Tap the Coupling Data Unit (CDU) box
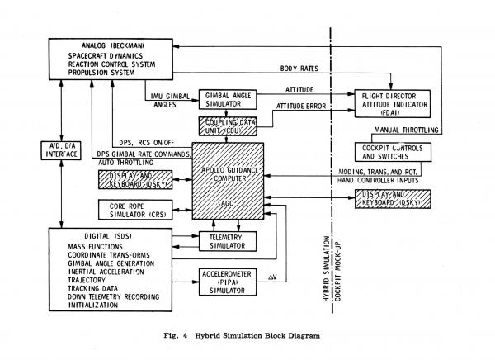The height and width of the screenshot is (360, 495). (x=224, y=127)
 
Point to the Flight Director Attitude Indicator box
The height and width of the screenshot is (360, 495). (x=394, y=102)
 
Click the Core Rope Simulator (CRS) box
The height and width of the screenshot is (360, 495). (x=131, y=208)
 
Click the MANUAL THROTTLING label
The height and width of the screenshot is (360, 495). (x=402, y=130)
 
